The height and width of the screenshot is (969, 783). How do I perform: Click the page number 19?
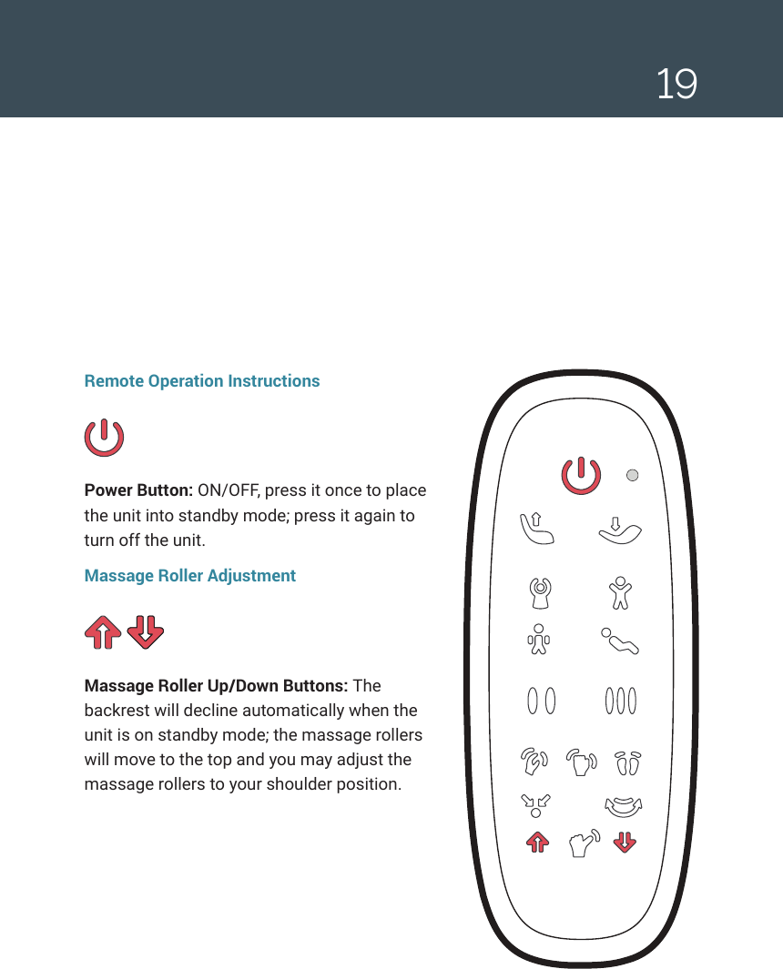[676, 85]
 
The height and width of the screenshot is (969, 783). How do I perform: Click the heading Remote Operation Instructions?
[201, 381]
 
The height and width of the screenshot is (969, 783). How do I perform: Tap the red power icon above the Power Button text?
[104, 438]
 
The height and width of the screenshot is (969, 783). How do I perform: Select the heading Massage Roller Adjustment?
[189, 576]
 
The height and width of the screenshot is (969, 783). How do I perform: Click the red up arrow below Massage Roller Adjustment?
[103, 631]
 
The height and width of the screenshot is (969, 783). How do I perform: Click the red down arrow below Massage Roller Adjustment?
[145, 631]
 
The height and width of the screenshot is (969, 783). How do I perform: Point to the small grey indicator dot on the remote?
[634, 474]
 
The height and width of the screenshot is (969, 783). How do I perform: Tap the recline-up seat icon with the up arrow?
[536, 527]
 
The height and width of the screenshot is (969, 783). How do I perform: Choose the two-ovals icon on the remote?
[542, 702]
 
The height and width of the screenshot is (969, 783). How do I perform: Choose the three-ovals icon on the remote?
[620, 702]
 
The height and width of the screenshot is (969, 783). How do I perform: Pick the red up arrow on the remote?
[537, 843]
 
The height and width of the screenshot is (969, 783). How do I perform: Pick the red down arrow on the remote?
[624, 843]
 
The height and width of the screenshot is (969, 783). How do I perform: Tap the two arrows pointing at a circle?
[535, 803]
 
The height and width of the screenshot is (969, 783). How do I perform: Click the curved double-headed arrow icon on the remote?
[624, 805]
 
